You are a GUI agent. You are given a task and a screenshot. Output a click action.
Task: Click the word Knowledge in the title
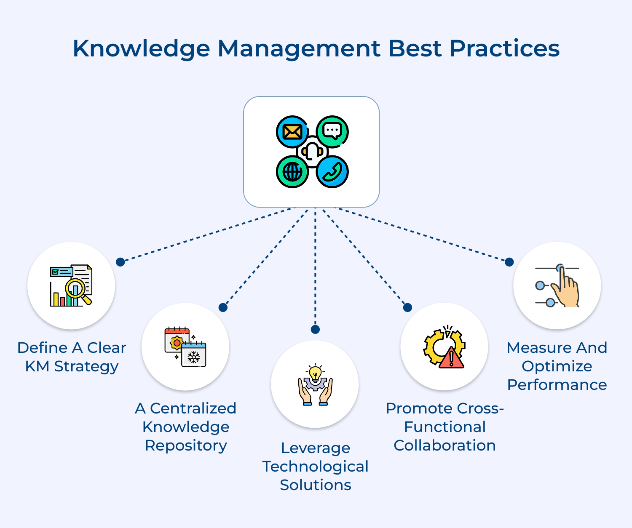point(141,49)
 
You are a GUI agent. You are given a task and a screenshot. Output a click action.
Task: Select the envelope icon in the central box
point(292,132)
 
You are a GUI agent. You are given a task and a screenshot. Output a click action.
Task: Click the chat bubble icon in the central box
point(332,131)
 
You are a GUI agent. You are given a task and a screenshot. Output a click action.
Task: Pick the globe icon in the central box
point(292,171)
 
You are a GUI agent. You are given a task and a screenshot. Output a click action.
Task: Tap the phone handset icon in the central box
point(332,172)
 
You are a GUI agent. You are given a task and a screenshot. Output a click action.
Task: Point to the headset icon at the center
point(312,152)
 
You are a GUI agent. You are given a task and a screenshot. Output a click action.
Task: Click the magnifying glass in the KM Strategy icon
point(76,289)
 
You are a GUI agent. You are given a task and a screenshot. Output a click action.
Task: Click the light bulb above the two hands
point(315,373)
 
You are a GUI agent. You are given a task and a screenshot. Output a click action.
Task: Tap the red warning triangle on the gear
point(451,358)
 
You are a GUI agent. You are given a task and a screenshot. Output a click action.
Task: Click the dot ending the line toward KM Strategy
point(121,262)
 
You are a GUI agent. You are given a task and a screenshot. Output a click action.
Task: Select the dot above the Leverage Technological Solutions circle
point(315,329)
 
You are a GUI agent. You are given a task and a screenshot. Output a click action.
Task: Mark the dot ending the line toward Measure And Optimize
point(509,262)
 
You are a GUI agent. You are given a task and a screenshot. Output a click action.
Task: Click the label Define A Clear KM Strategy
point(72,357)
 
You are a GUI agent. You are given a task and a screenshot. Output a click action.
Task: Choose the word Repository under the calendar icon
point(186,445)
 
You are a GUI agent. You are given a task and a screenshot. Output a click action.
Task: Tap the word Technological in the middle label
point(315,467)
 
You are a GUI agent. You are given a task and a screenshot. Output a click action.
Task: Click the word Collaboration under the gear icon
point(445,445)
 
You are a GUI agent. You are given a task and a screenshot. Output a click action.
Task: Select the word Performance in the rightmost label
point(557,385)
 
